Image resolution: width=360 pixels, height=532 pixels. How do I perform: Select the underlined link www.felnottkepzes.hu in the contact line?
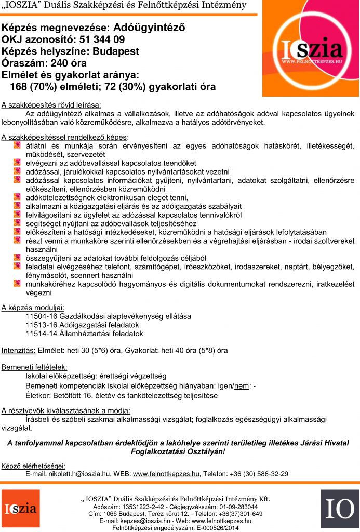click(x=166, y=474)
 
